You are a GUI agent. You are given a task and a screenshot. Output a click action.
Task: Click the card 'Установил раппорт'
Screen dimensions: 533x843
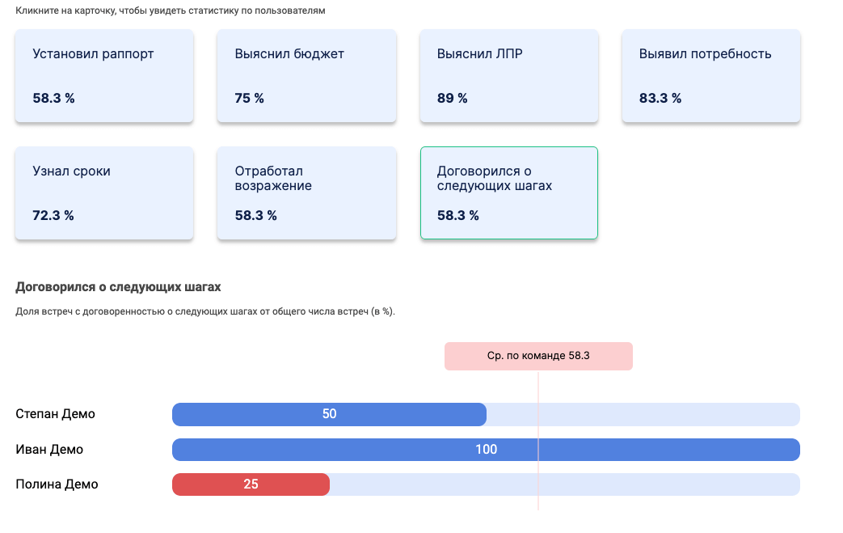pyautogui.click(x=104, y=76)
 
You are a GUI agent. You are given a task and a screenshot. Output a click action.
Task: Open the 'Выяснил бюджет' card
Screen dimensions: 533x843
pyautogui.click(x=306, y=76)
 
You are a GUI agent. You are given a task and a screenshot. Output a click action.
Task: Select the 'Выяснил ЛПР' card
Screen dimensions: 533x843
pyautogui.click(x=509, y=76)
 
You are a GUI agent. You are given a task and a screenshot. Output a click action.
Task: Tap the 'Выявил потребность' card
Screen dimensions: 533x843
pyautogui.click(x=711, y=76)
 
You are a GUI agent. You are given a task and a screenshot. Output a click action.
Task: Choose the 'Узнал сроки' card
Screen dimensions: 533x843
pyautogui.click(x=104, y=193)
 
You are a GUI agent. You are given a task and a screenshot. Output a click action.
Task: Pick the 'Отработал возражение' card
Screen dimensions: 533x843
pyautogui.click(x=306, y=193)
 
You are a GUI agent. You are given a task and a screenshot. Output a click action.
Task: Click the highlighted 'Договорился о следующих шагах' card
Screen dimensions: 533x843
pyautogui.click(x=509, y=193)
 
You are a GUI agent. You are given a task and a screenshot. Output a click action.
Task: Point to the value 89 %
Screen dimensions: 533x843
pyautogui.click(x=453, y=99)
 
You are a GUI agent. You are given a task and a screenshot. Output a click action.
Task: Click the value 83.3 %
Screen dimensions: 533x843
pyautogui.click(x=660, y=99)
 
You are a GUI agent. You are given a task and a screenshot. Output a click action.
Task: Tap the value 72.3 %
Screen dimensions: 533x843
pyautogui.click(x=53, y=216)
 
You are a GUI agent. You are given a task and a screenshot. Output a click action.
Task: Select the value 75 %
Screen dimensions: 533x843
pyautogui.click(x=250, y=99)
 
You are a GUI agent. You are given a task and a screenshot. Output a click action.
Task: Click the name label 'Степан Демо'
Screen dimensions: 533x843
pyautogui.click(x=55, y=414)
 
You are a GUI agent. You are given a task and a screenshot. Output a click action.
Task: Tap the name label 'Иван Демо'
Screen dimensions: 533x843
pyautogui.click(x=49, y=450)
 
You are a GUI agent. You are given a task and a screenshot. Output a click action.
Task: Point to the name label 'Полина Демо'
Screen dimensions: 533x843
pyautogui.click(x=57, y=484)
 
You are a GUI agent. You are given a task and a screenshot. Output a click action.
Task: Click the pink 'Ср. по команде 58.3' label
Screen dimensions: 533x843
pyautogui.click(x=538, y=356)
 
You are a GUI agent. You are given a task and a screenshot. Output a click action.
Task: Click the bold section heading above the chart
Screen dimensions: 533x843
pyautogui.click(x=118, y=287)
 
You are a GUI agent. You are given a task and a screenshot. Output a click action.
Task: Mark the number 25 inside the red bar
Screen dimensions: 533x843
pyautogui.click(x=251, y=484)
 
